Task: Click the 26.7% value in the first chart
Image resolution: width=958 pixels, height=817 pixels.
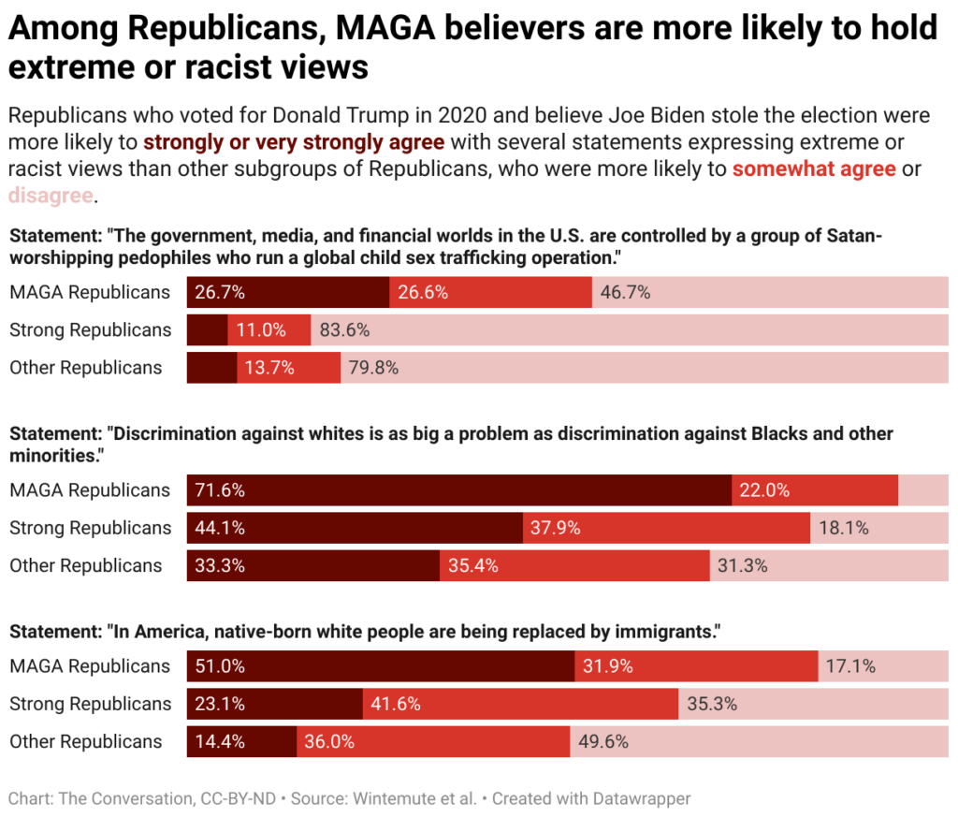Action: click(221, 292)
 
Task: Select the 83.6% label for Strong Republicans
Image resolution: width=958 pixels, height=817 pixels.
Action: click(345, 329)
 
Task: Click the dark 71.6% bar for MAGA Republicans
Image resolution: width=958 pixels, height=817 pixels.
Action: click(458, 490)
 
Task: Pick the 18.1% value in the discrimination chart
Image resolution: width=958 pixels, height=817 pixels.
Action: click(844, 528)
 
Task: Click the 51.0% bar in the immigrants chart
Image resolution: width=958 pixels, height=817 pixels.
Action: click(381, 666)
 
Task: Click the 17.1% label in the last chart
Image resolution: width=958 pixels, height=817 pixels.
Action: click(850, 666)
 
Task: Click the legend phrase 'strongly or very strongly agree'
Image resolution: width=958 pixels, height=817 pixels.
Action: click(294, 143)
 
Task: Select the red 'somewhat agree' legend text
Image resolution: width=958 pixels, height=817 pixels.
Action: click(814, 169)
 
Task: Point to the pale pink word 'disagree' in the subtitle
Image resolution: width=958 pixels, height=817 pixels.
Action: click(51, 196)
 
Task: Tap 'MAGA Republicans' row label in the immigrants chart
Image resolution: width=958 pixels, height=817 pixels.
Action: click(90, 666)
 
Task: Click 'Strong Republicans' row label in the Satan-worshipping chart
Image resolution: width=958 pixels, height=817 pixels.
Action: click(91, 329)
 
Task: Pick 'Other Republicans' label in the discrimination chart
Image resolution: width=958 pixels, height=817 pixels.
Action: click(86, 565)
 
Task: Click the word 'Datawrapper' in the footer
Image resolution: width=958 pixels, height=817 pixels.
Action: click(642, 799)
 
